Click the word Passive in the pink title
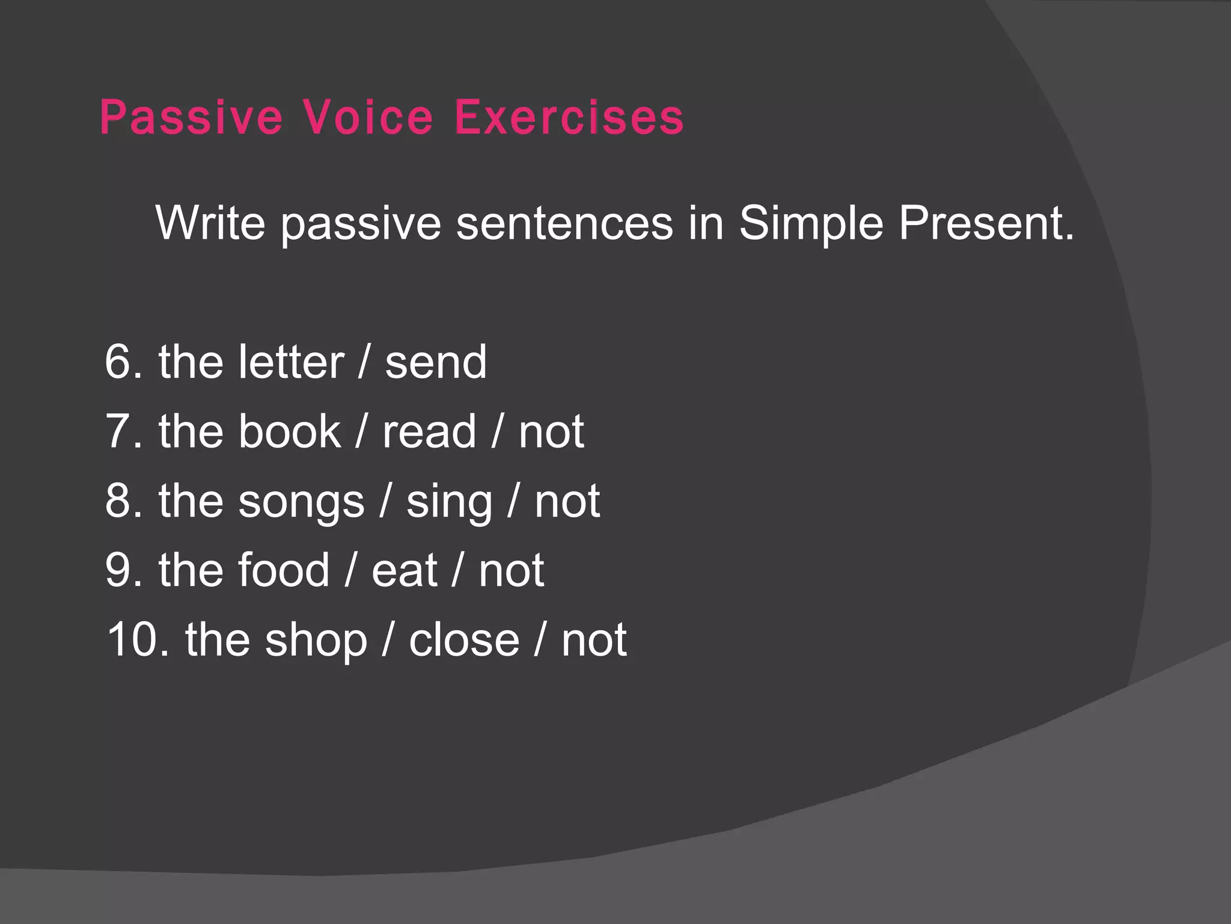click(191, 117)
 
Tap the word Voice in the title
click(367, 117)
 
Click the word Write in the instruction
click(210, 223)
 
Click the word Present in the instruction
click(986, 223)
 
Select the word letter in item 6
click(291, 362)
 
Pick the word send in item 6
click(436, 363)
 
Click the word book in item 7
click(290, 431)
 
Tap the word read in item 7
click(429, 432)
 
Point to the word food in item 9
click(284, 570)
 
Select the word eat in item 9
click(404, 571)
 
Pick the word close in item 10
click(464, 639)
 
